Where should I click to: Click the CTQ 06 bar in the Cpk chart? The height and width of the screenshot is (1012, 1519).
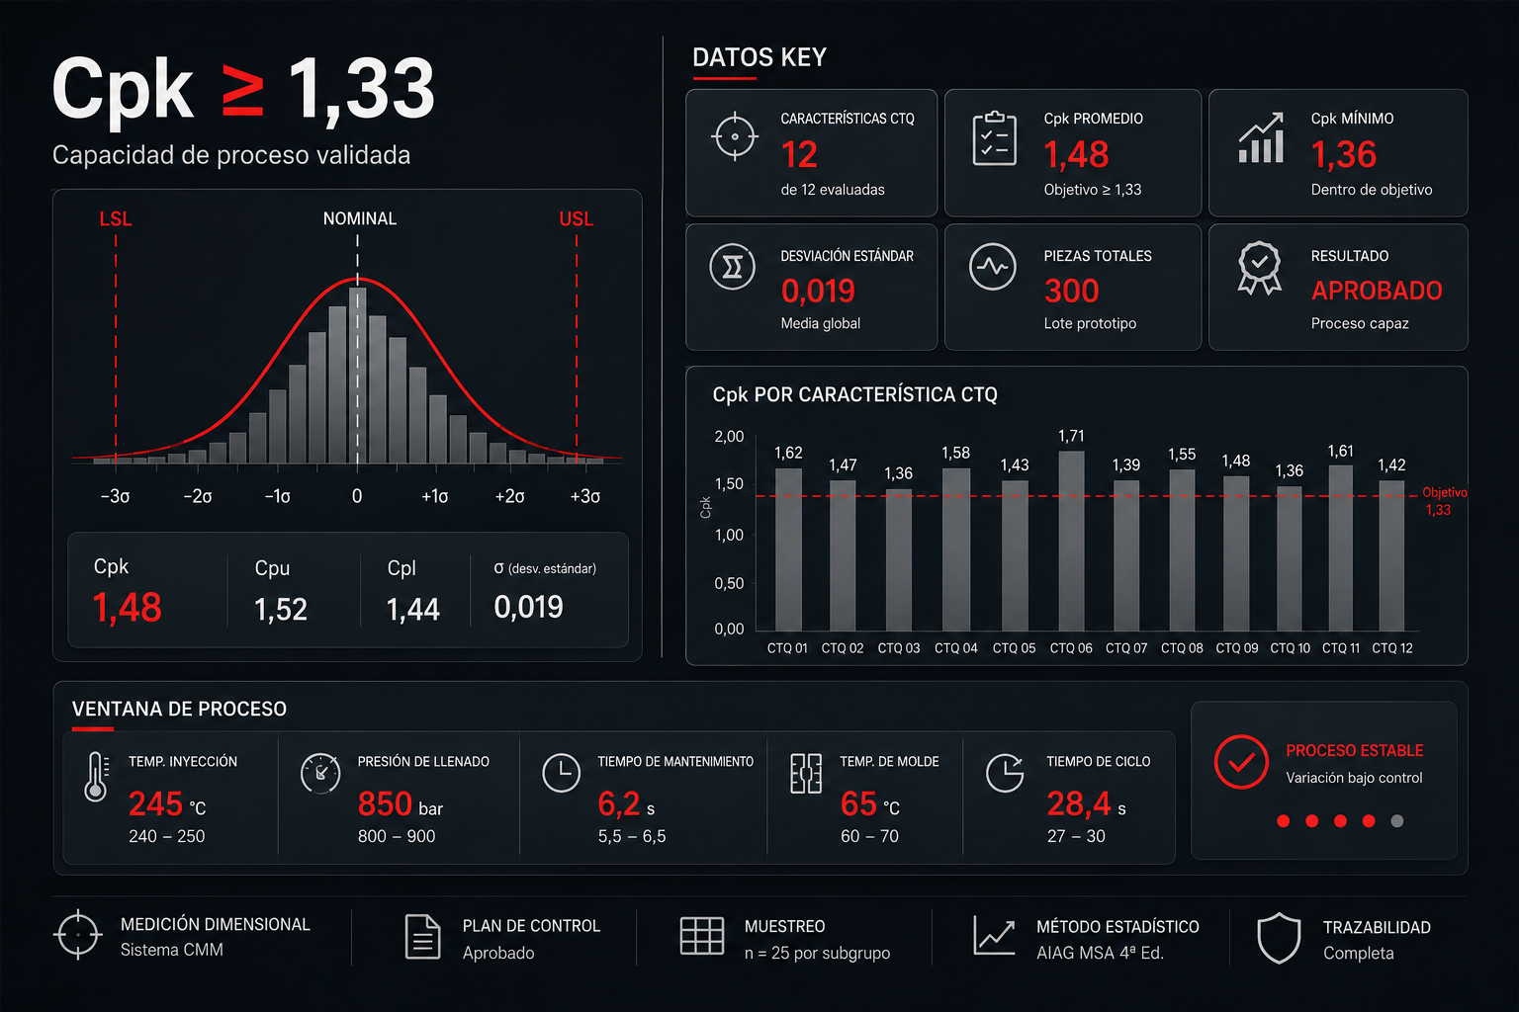click(1071, 541)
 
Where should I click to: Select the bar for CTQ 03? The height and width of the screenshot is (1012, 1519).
click(899, 560)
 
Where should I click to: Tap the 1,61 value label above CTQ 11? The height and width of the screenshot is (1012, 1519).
click(1340, 452)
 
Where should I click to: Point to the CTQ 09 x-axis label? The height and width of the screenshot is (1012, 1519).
click(1236, 648)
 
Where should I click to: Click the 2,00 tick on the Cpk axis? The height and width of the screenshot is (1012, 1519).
click(729, 437)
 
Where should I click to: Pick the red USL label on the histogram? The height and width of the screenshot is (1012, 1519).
click(576, 219)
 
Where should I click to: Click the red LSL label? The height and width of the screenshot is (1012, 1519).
click(116, 219)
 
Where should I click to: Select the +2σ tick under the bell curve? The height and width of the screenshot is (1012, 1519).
click(510, 497)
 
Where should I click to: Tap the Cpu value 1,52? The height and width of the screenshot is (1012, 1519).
click(281, 610)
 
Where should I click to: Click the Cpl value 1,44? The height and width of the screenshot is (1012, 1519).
click(413, 610)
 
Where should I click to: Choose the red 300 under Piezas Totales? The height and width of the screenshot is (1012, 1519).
click(1071, 292)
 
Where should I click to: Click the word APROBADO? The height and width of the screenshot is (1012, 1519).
click(1377, 291)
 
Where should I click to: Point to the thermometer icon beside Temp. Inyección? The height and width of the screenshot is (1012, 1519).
click(96, 777)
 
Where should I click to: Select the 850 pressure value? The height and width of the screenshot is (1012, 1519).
click(385, 804)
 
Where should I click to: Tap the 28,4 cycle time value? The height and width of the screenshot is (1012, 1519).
click(1079, 804)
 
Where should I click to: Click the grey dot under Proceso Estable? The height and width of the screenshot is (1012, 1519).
click(1397, 821)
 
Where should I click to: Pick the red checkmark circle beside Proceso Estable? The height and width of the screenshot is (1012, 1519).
click(1241, 762)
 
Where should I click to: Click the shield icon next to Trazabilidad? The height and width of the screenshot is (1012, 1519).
click(1279, 938)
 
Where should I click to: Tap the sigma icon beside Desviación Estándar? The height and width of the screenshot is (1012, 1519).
click(733, 267)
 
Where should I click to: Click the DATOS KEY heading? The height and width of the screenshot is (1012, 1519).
click(759, 57)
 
